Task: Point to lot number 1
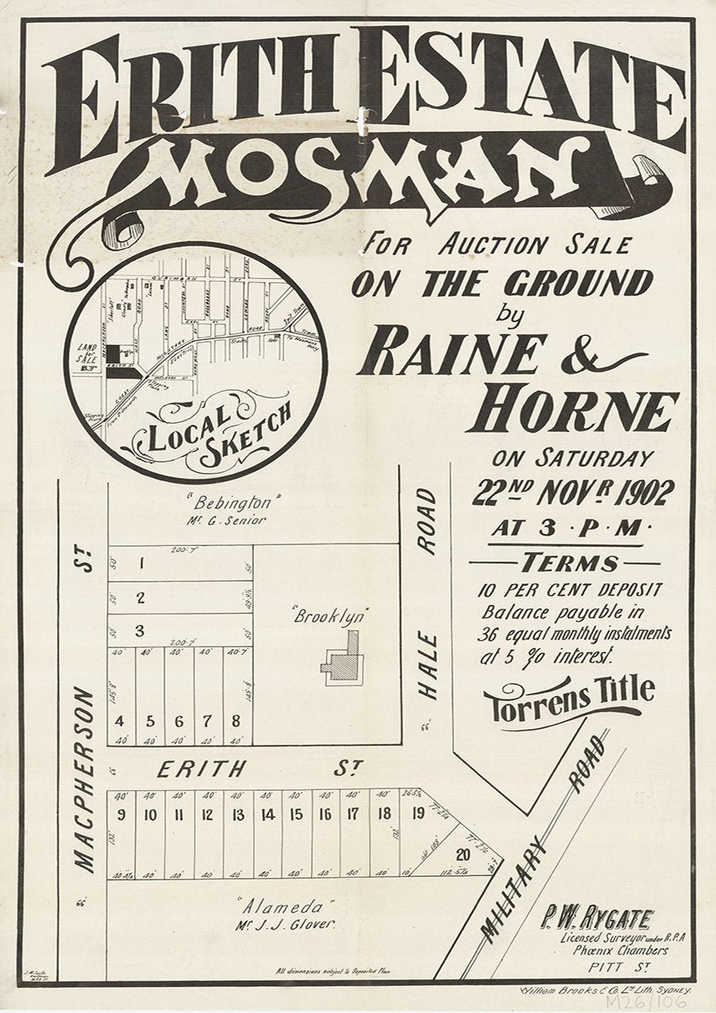click(x=142, y=563)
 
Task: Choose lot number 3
click(x=140, y=630)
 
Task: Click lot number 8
click(x=235, y=721)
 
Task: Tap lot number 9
click(x=121, y=815)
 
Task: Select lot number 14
click(x=267, y=815)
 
